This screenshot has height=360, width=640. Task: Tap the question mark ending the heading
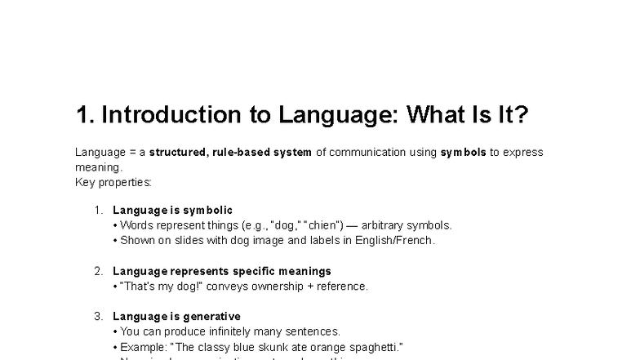(x=522, y=115)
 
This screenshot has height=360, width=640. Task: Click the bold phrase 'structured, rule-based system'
(x=230, y=152)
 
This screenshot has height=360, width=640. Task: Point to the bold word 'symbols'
(x=463, y=152)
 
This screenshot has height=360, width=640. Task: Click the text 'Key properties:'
(x=113, y=182)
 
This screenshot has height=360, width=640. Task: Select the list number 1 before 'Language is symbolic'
(x=98, y=210)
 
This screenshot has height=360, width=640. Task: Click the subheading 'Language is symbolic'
(x=172, y=210)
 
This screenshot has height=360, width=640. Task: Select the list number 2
(x=98, y=271)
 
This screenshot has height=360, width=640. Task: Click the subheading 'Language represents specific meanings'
(x=222, y=271)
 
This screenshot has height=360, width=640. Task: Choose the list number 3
(x=98, y=316)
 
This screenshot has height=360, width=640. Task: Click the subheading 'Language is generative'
(x=176, y=316)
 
